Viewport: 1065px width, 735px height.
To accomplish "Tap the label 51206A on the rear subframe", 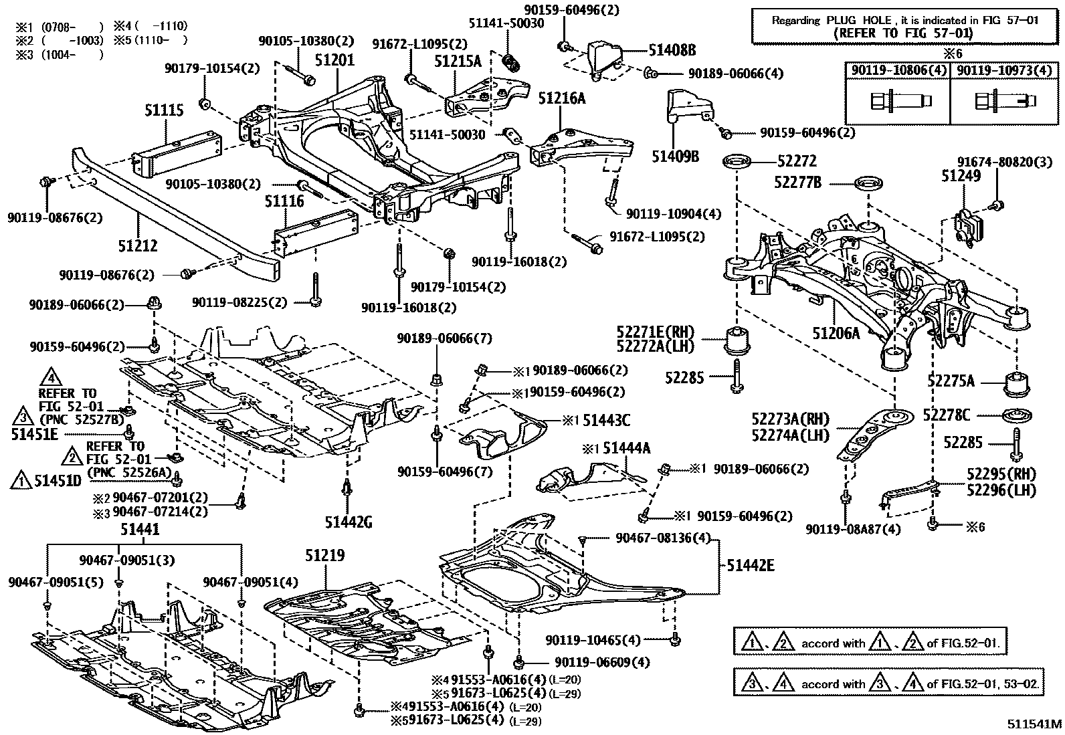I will [x=836, y=332].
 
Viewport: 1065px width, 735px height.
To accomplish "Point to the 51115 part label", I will [x=164, y=110].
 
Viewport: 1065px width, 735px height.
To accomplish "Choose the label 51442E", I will [x=751, y=566].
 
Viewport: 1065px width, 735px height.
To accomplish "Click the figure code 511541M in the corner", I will [x=1034, y=724].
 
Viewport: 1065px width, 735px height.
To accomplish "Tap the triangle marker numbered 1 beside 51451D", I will [x=21, y=481].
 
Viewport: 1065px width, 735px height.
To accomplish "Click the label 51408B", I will [x=672, y=50].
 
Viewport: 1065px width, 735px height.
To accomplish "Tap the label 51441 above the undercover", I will [x=140, y=530].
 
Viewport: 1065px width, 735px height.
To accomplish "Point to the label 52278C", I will [x=946, y=415].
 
